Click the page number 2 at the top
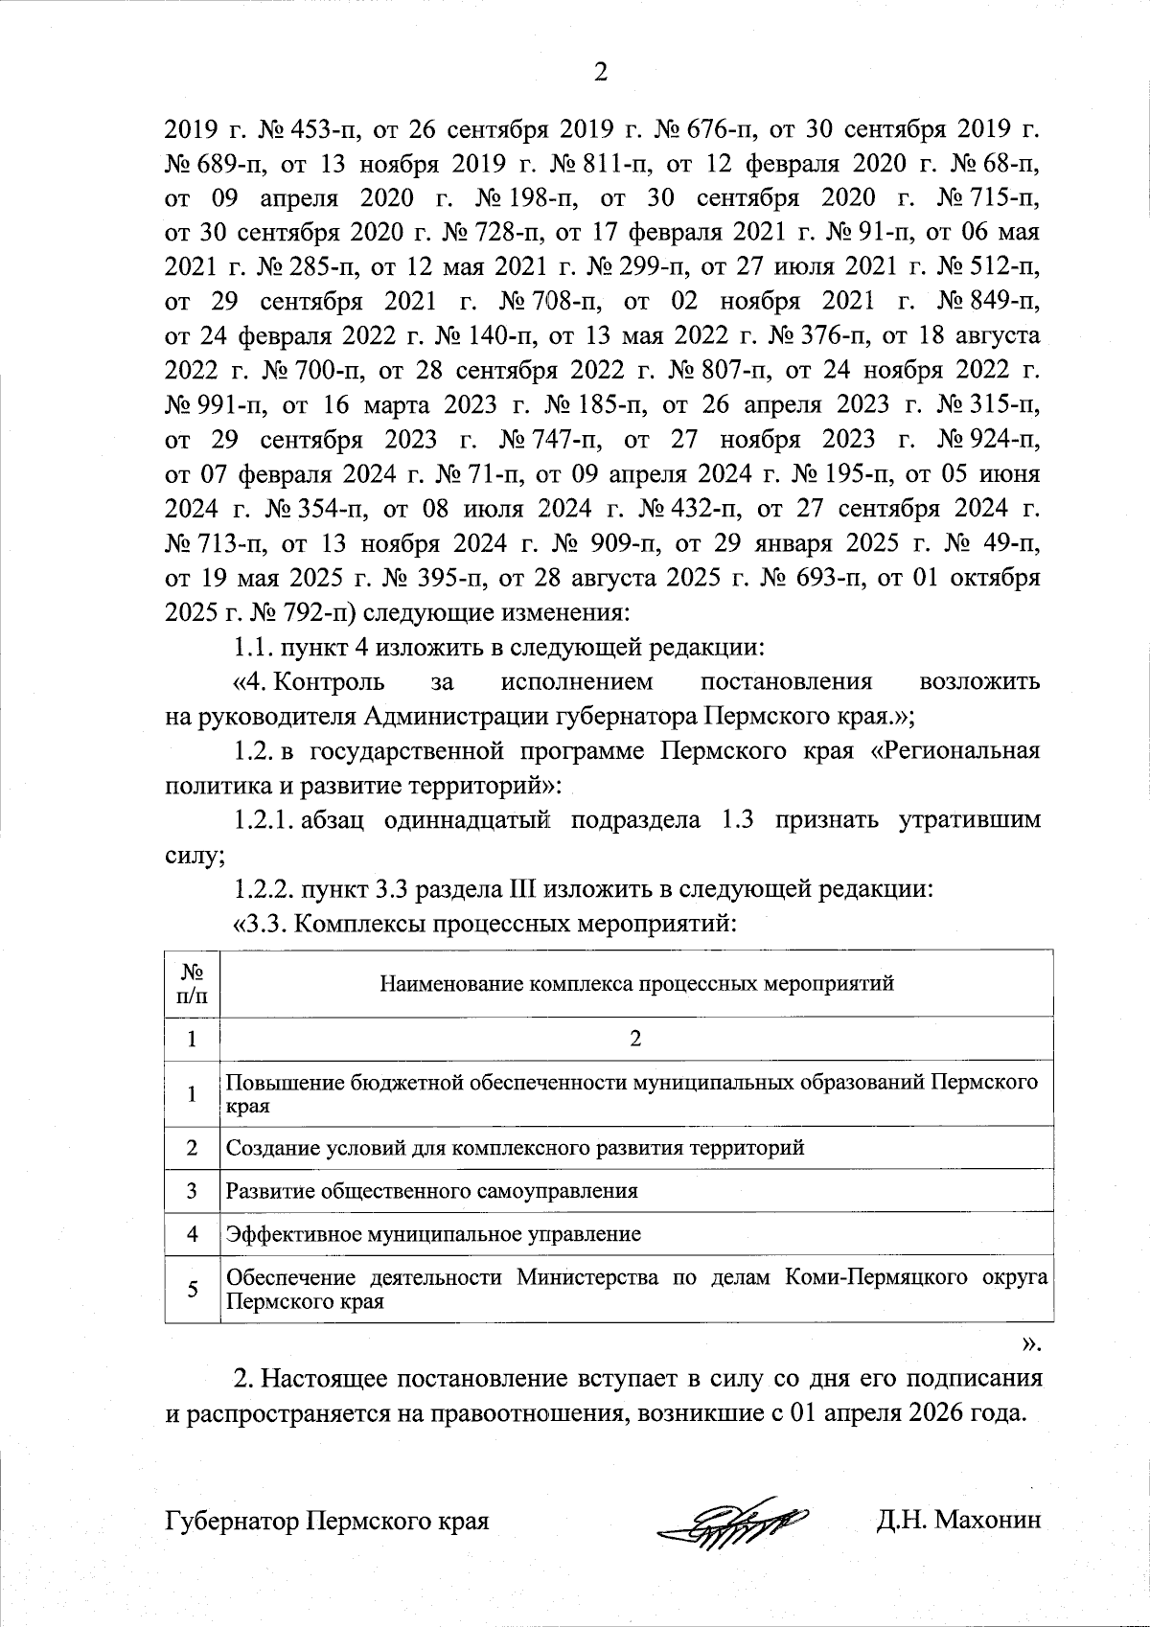(x=601, y=73)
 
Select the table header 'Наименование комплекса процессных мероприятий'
(x=636, y=983)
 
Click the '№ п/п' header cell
(x=193, y=983)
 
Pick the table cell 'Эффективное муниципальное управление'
(x=433, y=1233)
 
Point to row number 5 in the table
(x=193, y=1289)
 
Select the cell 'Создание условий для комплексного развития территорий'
(x=515, y=1147)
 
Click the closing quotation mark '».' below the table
(x=1030, y=1345)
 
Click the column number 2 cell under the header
(x=636, y=1039)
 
